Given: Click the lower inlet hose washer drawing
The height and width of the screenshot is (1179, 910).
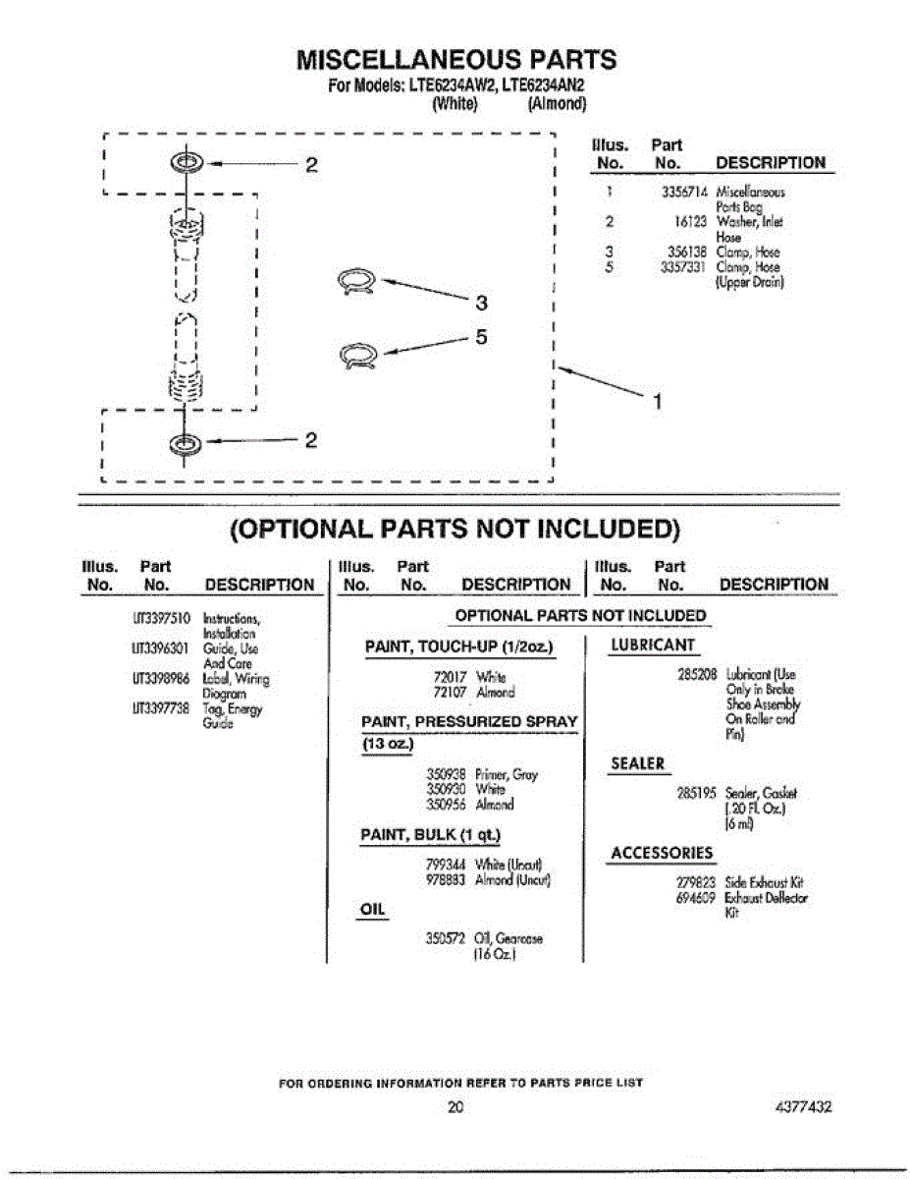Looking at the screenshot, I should click(x=184, y=442).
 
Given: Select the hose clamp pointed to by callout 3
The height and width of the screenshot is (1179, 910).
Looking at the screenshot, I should click(x=355, y=282).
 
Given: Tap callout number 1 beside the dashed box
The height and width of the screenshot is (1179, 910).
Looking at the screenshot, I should click(x=659, y=400).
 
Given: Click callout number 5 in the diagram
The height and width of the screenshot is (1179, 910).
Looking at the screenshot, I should click(x=481, y=336).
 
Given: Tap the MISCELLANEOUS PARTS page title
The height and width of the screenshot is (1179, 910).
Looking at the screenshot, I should click(x=456, y=60).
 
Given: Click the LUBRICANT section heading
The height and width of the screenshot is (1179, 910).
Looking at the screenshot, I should click(x=653, y=646).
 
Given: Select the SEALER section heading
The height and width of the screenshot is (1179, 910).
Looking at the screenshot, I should click(x=637, y=763).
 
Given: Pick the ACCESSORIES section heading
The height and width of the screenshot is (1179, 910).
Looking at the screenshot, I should click(x=663, y=853).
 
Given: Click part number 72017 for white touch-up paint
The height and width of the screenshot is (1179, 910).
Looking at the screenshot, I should click(x=450, y=677).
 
